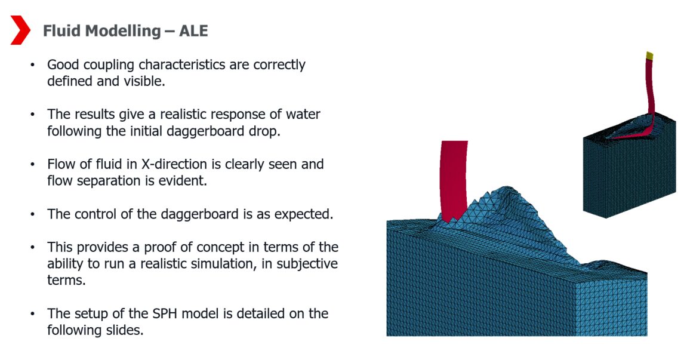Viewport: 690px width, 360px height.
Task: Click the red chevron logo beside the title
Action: point(20,30)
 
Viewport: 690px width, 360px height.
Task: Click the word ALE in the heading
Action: point(193,31)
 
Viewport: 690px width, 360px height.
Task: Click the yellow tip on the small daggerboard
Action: point(649,56)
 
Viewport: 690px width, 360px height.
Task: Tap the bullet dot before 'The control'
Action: point(33,214)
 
